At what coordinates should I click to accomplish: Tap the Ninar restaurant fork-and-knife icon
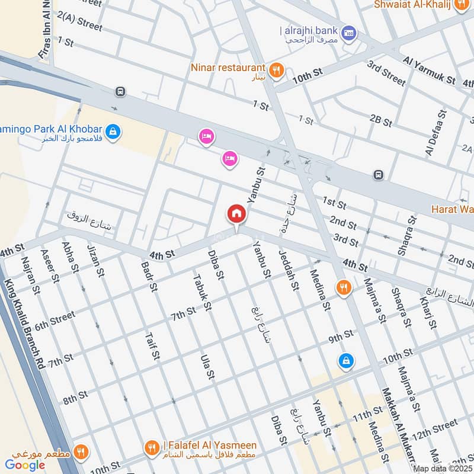(276, 71)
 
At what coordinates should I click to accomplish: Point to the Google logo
(25, 465)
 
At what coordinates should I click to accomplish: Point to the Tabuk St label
(202, 292)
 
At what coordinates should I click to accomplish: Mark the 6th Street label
(55, 321)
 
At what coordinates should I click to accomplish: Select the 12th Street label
(435, 430)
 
